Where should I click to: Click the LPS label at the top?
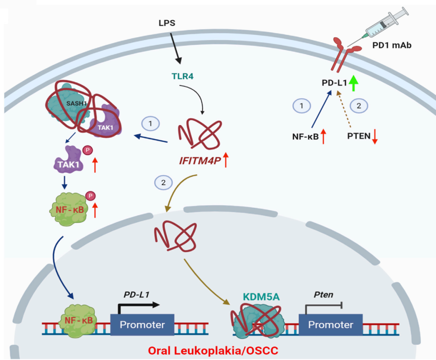[167, 22]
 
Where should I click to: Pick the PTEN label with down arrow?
[359, 136]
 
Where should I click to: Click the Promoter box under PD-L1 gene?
[143, 324]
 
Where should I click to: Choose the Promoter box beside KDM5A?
[331, 324]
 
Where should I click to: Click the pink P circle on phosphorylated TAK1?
[86, 150]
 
